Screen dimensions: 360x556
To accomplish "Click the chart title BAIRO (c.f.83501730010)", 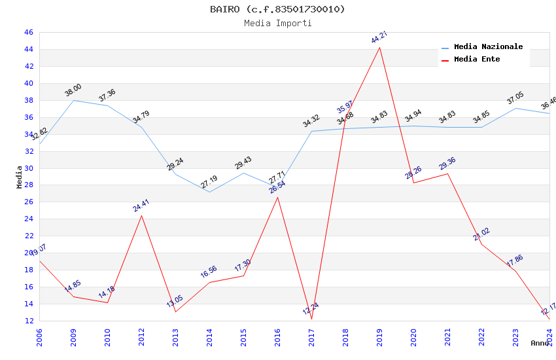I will click(x=277, y=9).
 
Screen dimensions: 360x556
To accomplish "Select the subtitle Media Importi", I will click(x=277, y=24).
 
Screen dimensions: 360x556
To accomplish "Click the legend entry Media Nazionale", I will click(x=488, y=47).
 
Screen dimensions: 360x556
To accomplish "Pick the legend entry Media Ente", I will click(x=477, y=60).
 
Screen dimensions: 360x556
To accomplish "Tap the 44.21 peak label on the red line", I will click(x=379, y=37).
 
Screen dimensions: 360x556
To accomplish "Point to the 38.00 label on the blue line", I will click(x=73, y=90).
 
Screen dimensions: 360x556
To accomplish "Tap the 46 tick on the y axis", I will click(x=28, y=32).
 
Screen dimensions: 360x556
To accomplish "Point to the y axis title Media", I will click(x=20, y=177).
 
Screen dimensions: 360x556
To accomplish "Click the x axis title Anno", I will click(x=540, y=343).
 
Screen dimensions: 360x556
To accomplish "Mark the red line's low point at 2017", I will click(x=311, y=319).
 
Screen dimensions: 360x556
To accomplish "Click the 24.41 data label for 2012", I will click(x=141, y=206).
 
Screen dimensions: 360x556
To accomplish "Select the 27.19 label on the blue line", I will click(x=209, y=182).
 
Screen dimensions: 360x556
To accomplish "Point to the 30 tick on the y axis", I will click(x=28, y=168).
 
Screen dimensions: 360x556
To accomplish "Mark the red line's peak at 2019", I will click(x=379, y=47).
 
